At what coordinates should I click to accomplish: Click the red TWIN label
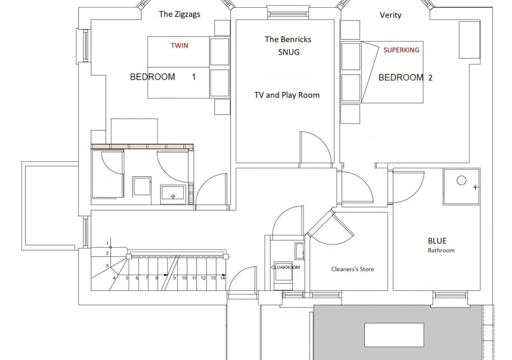click(x=180, y=46)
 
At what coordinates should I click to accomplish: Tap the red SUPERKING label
click(x=401, y=50)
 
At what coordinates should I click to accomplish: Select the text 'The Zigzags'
click(x=180, y=14)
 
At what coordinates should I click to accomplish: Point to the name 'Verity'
click(x=390, y=15)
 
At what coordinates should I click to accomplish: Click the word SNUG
click(x=289, y=52)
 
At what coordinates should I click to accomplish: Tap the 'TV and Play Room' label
click(x=287, y=95)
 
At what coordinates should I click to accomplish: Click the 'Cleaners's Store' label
click(x=353, y=269)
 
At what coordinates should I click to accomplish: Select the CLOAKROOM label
click(x=285, y=267)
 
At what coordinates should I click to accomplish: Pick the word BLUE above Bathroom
click(x=437, y=241)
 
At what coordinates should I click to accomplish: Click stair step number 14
click(x=222, y=278)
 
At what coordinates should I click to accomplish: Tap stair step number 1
click(x=107, y=244)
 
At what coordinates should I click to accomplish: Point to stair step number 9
click(x=174, y=278)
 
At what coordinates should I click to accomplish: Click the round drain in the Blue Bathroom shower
click(x=462, y=180)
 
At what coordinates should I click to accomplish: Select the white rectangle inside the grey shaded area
click(x=394, y=335)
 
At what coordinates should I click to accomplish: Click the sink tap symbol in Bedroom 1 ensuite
click(x=173, y=196)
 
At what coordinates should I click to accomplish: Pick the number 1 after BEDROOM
click(x=194, y=77)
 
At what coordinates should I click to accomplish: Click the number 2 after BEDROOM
click(x=430, y=78)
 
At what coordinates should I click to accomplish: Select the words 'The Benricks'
click(x=288, y=39)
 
